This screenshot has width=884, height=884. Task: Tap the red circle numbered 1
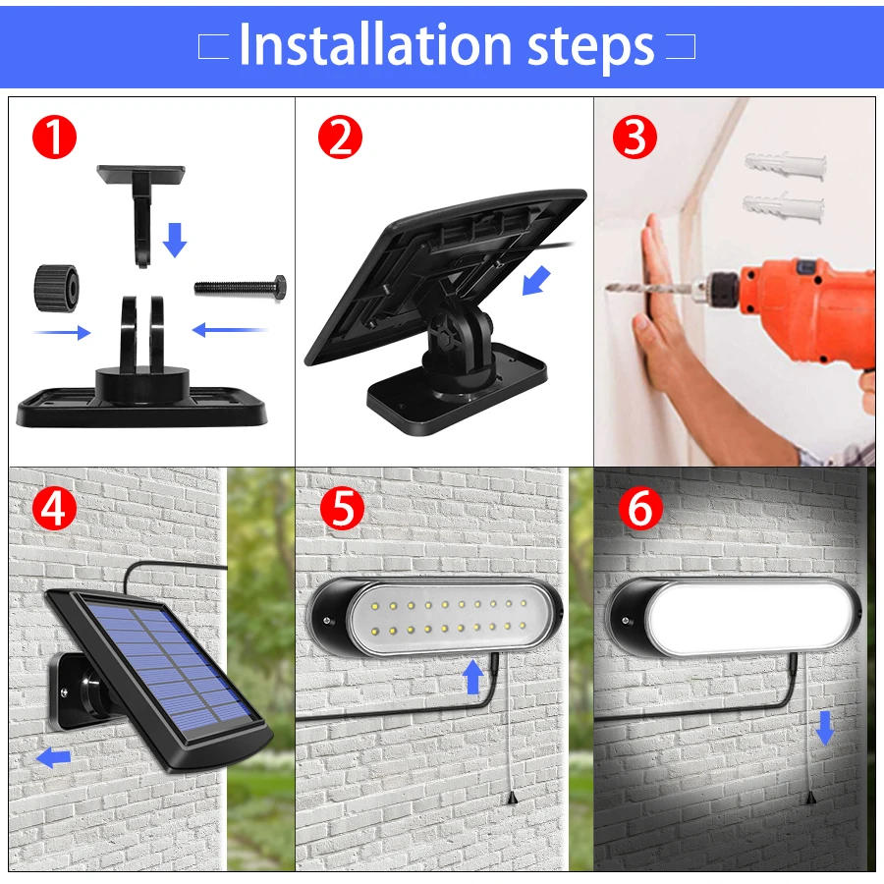coord(53,138)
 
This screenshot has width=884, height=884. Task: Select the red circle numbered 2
coord(340,138)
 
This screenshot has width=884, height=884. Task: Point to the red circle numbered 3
coord(635,138)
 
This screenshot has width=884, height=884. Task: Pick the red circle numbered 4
coord(53,509)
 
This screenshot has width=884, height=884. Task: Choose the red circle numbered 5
coord(340,509)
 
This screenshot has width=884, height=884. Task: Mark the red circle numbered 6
coord(638,509)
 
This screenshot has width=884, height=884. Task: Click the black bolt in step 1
coord(241,287)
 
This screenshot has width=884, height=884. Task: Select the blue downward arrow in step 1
coord(174,239)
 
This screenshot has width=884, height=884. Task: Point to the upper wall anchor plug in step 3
coord(784,163)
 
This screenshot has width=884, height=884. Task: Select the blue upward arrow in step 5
coord(474,677)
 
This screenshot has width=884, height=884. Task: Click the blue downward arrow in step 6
coord(824,727)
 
